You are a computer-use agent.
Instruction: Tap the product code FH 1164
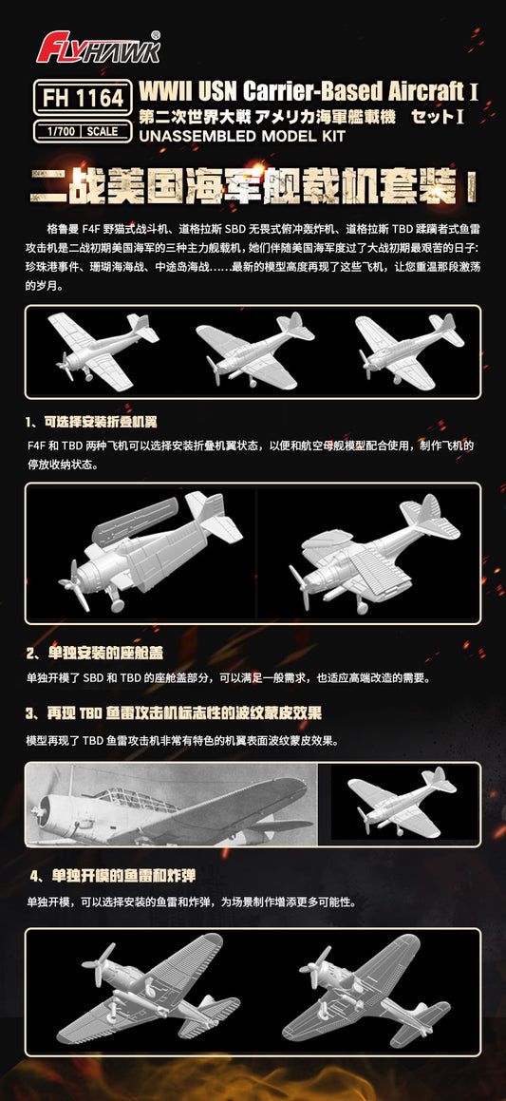(83, 98)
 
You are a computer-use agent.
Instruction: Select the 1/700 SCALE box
(83, 131)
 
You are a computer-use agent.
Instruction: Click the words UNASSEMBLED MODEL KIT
(243, 136)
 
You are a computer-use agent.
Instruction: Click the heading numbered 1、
(91, 422)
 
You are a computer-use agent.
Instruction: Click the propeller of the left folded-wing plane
(75, 583)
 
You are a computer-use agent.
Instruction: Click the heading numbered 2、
(95, 654)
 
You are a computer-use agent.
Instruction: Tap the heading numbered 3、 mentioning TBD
(174, 713)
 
